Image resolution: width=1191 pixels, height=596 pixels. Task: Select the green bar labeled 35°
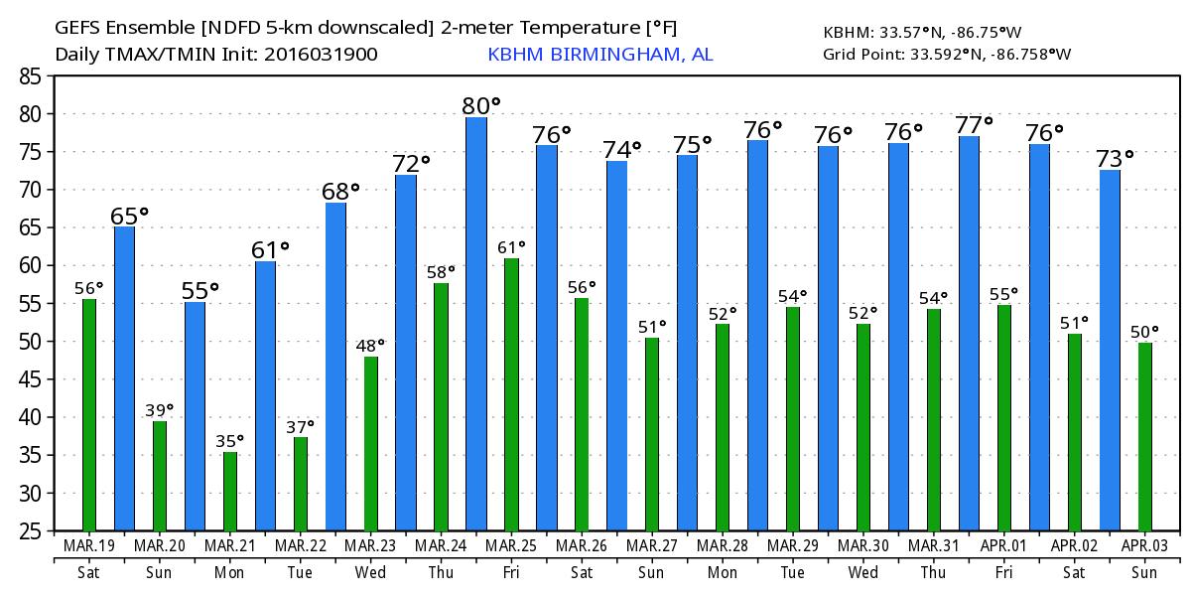(x=230, y=492)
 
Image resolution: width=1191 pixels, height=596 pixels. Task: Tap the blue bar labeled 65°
(x=124, y=378)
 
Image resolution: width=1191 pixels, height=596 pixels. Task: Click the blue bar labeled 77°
(x=969, y=333)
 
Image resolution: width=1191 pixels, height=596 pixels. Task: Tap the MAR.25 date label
(x=511, y=546)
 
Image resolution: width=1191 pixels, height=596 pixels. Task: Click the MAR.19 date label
(x=89, y=546)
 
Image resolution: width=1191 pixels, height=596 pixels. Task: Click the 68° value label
(x=339, y=191)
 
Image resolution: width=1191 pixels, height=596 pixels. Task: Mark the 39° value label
(x=159, y=409)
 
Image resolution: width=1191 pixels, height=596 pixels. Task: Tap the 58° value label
(x=441, y=271)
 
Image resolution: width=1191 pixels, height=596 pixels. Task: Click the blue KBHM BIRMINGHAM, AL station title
(x=599, y=55)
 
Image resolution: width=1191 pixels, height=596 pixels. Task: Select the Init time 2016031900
(x=321, y=55)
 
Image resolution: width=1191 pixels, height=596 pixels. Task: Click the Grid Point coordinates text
(x=947, y=54)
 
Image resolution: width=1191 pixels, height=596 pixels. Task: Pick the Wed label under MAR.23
(x=370, y=572)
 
